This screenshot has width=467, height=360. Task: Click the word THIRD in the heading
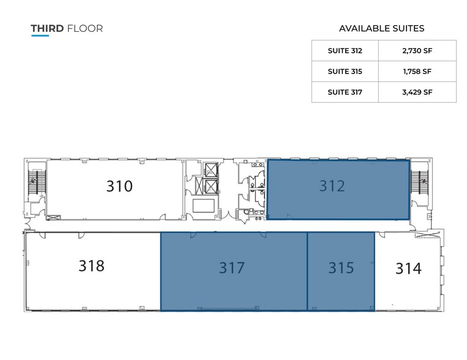[x=47, y=28]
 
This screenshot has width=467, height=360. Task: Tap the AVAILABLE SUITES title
[x=381, y=28]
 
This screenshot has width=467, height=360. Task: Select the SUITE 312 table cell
[x=345, y=51]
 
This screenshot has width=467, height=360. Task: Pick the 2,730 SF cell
[x=418, y=51]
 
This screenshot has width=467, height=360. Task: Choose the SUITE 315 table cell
[x=345, y=71]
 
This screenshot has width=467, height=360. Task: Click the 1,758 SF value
[x=418, y=71]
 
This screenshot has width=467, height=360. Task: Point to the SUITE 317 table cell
[x=345, y=92]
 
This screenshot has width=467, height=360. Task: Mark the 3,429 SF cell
[x=418, y=92]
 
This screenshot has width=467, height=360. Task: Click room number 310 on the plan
[x=119, y=186]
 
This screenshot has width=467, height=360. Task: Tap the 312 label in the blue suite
[x=332, y=186]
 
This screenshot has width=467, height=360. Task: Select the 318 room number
[x=91, y=266]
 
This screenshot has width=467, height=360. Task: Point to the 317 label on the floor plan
[x=232, y=268]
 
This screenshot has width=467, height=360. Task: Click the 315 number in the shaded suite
[x=341, y=268]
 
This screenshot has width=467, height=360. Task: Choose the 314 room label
[x=408, y=268]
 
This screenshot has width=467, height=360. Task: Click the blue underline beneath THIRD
[x=40, y=36]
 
